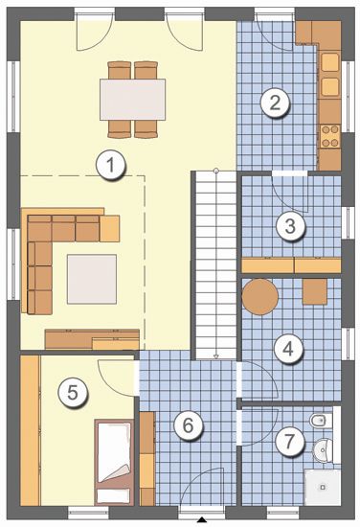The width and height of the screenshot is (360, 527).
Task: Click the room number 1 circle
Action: [x=110, y=166]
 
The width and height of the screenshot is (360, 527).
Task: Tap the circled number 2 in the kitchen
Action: [x=275, y=103]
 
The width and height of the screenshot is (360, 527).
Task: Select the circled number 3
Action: [x=290, y=225]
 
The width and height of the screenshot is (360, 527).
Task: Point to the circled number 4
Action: [x=288, y=349]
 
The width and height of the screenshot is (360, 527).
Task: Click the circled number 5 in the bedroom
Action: [x=73, y=393]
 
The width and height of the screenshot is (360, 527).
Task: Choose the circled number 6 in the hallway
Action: [x=188, y=425]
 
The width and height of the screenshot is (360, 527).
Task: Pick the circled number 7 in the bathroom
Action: [x=289, y=441]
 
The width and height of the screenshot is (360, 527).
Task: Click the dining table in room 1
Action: [x=133, y=99]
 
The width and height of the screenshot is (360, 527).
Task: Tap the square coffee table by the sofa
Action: [x=92, y=279]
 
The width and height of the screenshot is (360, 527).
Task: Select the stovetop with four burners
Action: [x=329, y=136]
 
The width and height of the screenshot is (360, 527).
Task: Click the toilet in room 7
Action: [x=321, y=420]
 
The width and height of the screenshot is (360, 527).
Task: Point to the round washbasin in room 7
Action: [x=323, y=449]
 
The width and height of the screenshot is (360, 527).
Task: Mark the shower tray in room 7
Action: [x=323, y=488]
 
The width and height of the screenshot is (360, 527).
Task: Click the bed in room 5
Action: [x=114, y=462]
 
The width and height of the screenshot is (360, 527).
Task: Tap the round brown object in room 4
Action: [x=259, y=296]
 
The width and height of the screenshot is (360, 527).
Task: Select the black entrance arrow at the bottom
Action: [x=202, y=520]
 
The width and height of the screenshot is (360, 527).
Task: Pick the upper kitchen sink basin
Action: [x=330, y=62]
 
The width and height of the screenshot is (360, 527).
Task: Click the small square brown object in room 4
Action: [x=315, y=292]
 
